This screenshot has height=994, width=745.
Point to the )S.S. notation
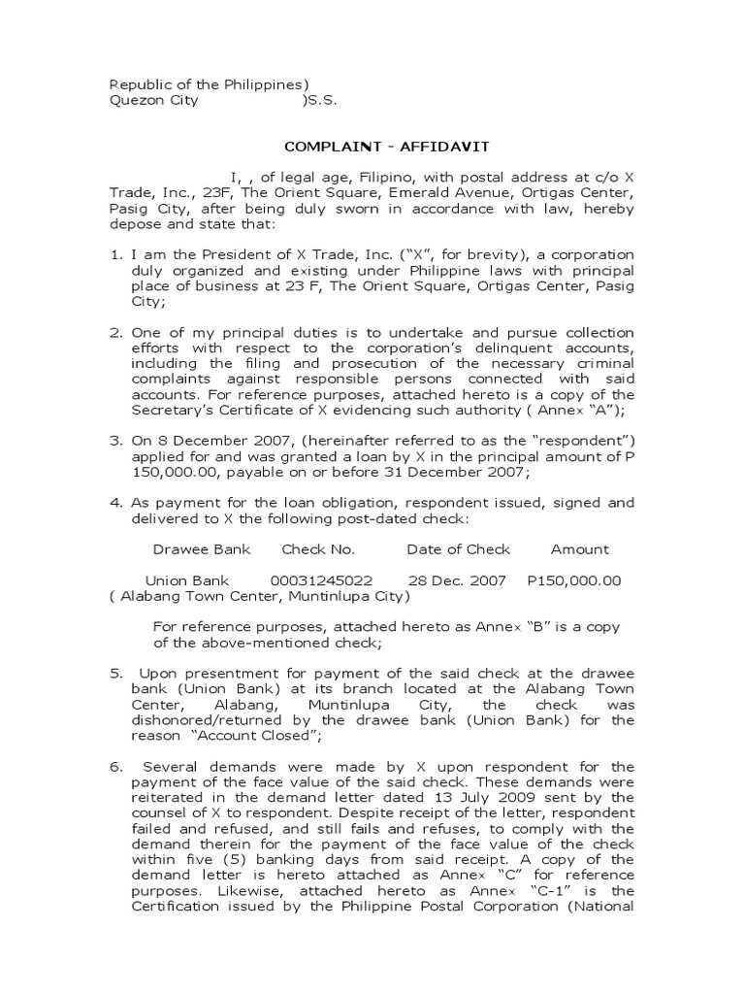(x=320, y=100)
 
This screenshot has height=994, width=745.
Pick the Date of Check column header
(x=458, y=549)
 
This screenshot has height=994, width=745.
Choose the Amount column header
(x=579, y=549)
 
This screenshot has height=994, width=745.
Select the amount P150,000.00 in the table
(x=573, y=580)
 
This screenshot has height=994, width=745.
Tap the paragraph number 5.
(x=113, y=673)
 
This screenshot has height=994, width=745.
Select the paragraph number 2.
(x=113, y=333)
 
